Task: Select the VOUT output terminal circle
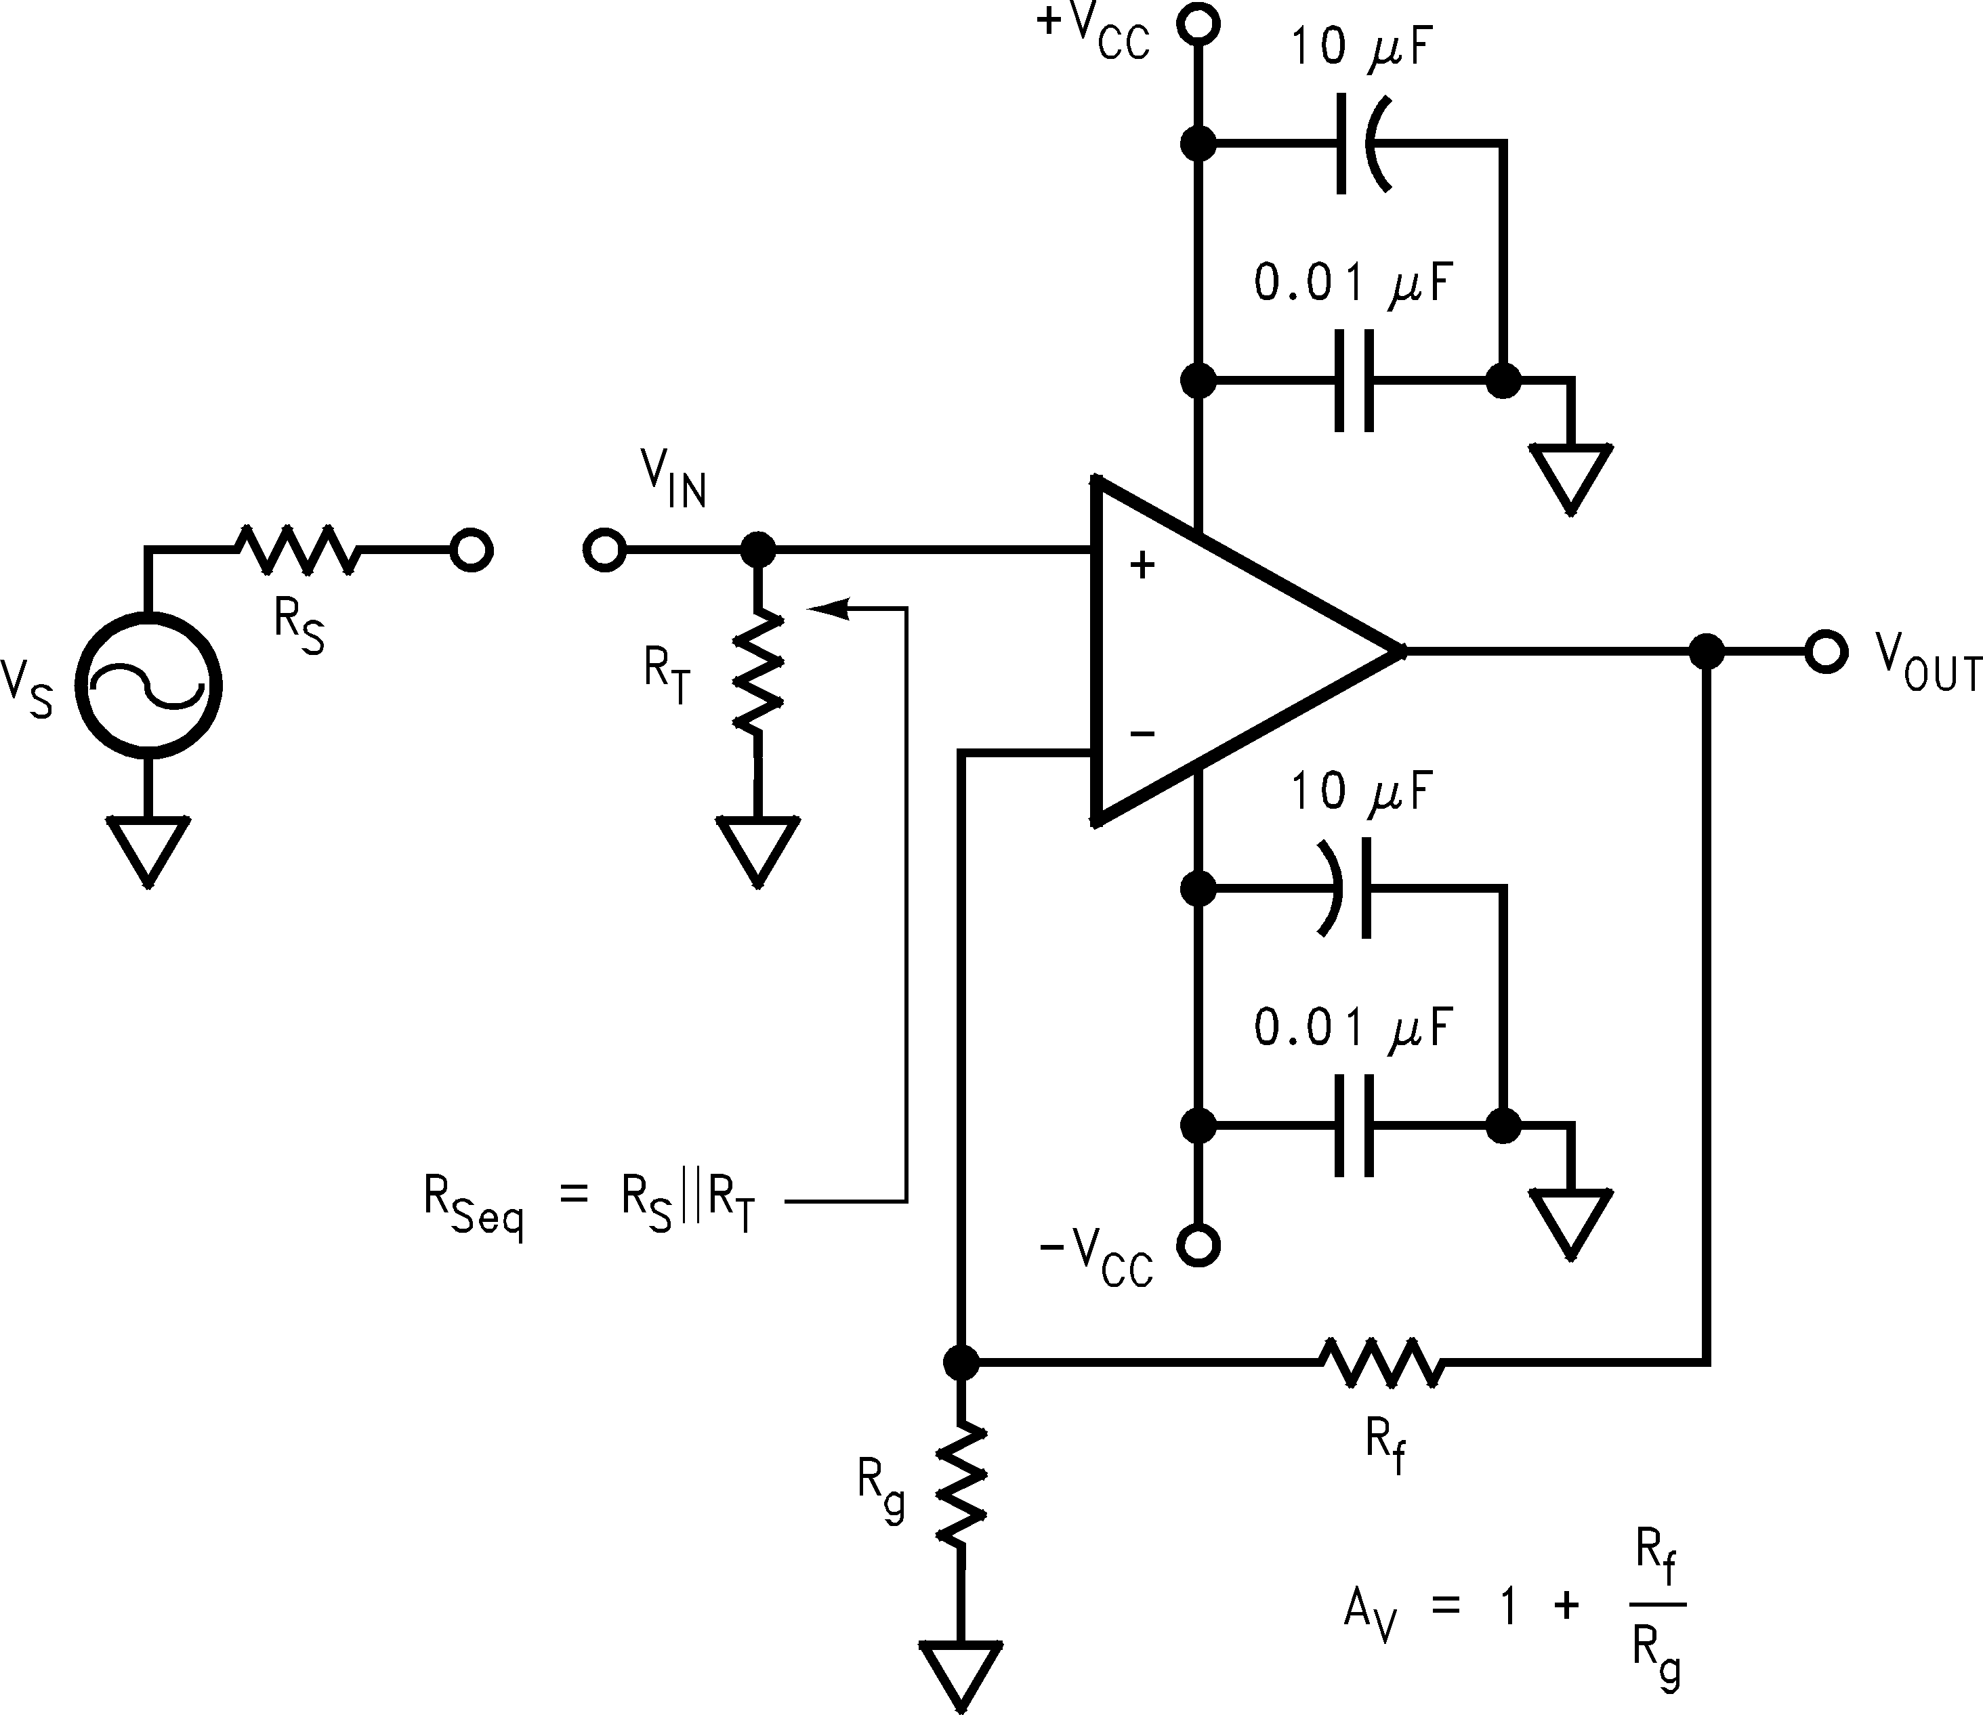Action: click(1825, 652)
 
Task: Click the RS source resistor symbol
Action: click(297, 550)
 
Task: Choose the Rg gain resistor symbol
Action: click(961, 1483)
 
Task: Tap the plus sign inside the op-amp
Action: click(1142, 566)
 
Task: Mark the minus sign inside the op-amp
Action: click(1142, 734)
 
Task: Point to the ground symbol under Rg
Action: click(961, 1675)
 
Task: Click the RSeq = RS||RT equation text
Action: click(589, 1204)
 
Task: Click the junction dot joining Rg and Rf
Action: click(961, 1361)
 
